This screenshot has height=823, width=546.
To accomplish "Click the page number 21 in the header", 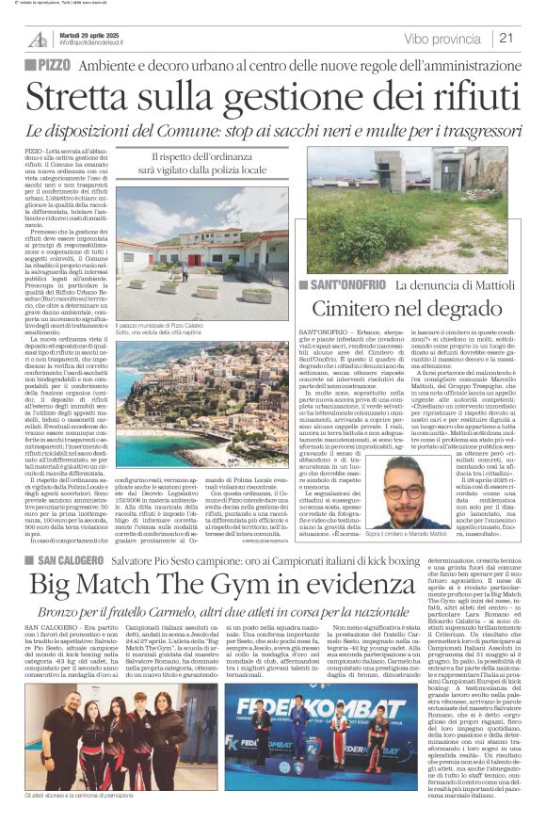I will click(x=506, y=38).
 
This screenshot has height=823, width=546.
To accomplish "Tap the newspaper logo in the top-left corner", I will click(x=37, y=38).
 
